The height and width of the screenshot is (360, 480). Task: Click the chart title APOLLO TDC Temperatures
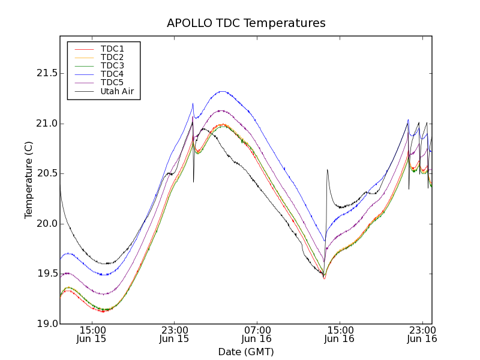[246, 23]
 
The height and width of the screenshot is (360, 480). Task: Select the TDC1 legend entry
[112, 49]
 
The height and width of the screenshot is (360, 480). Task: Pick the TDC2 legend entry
[112, 57]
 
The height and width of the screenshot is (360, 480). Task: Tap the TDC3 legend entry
[112, 65]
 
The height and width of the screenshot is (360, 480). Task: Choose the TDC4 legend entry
[112, 74]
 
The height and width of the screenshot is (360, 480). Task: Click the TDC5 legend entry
[112, 82]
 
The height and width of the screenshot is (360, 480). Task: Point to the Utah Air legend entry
[117, 91]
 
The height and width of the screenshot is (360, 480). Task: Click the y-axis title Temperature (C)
[28, 180]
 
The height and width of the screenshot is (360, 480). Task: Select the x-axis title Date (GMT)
[246, 352]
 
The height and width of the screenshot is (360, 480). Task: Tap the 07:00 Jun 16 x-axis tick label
[257, 334]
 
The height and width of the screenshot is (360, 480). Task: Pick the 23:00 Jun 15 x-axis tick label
[175, 334]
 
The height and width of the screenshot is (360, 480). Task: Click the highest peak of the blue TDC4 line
[222, 91]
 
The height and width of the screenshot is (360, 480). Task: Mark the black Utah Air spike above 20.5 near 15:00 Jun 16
[327, 170]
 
